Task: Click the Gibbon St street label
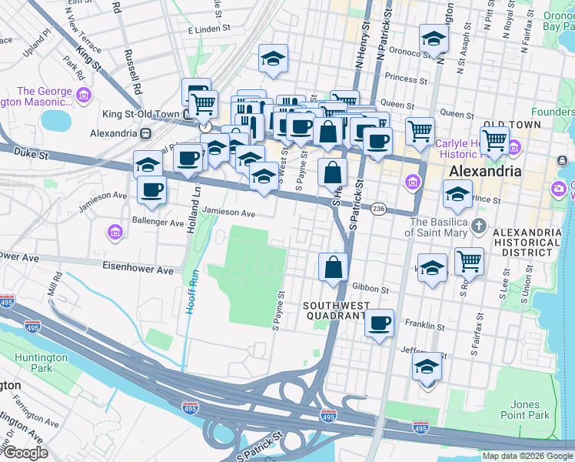pyautogui.click(x=371, y=290)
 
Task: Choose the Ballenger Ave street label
pyautogui.click(x=155, y=223)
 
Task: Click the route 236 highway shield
pyautogui.click(x=378, y=209)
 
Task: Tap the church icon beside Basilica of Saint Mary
pyautogui.click(x=479, y=226)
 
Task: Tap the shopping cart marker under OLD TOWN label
pyautogui.click(x=495, y=140)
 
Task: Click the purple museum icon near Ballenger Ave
pyautogui.click(x=115, y=232)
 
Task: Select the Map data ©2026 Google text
pyautogui.click(x=527, y=456)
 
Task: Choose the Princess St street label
pyautogui.click(x=406, y=79)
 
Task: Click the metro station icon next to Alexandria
pyautogui.click(x=145, y=132)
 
